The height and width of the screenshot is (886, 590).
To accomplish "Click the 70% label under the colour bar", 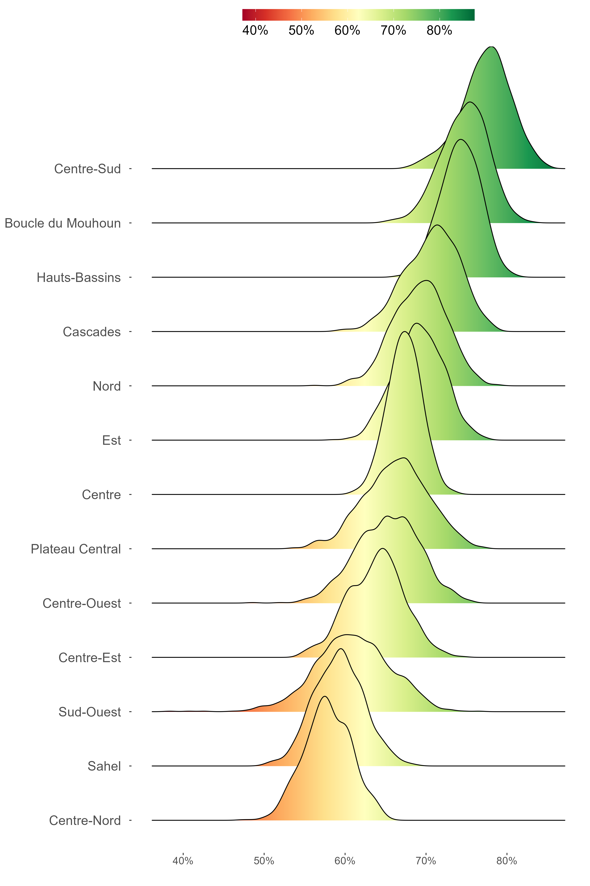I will [393, 30].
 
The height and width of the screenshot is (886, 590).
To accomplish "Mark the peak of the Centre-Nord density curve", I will [325, 697].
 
